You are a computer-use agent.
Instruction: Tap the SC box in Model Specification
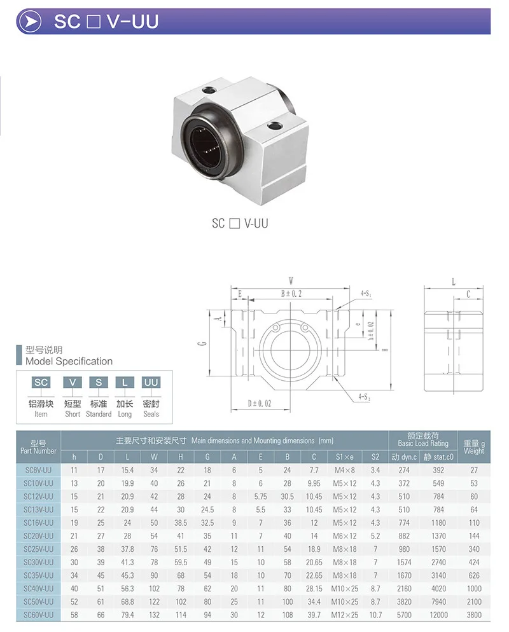coord(41,381)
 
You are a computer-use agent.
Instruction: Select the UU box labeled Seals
coord(151,381)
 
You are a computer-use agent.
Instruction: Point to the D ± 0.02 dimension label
coord(259,403)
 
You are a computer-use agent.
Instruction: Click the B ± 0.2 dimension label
coord(291,294)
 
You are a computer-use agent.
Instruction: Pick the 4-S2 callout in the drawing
coord(364,397)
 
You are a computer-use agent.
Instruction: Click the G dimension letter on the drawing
coord(202,343)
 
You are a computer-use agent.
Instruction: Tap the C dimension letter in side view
coord(468,294)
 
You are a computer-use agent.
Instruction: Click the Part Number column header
coord(38,447)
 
